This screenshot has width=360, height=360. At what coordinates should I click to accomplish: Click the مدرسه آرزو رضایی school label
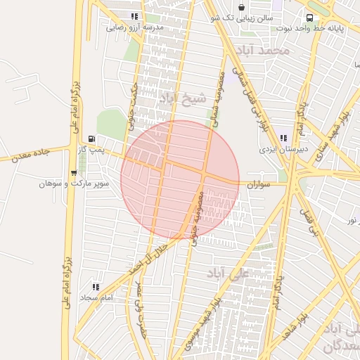[x=135, y=27]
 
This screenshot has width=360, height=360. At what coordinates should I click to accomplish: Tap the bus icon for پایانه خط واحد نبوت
[x=309, y=18]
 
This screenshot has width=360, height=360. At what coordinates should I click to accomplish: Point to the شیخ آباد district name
[x=184, y=98]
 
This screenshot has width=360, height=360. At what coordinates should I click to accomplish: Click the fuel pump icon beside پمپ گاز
[x=91, y=139]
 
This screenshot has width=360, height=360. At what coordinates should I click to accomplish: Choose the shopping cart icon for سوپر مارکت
[x=74, y=173]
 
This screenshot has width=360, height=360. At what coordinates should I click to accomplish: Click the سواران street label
[x=258, y=184]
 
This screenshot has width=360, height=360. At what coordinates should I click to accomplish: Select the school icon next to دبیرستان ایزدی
[x=283, y=139]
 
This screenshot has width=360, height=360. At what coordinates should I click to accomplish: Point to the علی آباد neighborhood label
[x=230, y=273]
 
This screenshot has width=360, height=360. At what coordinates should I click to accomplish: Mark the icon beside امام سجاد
[x=96, y=287]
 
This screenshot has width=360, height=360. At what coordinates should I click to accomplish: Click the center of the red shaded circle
[x=180, y=180]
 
